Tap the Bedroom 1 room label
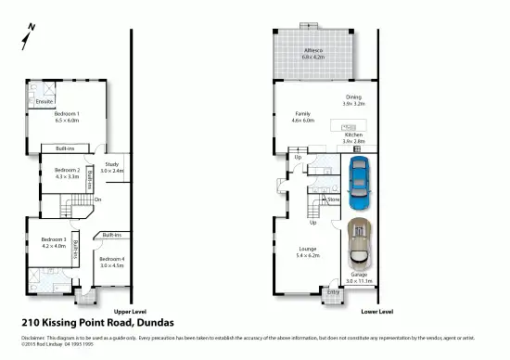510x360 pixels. pos(67,114)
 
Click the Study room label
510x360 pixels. pos(111,164)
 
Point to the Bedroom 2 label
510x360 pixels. pos(67,170)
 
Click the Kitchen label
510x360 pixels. pos(353,135)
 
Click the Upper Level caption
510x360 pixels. pos(129,311)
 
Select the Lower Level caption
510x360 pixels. pos(376,311)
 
